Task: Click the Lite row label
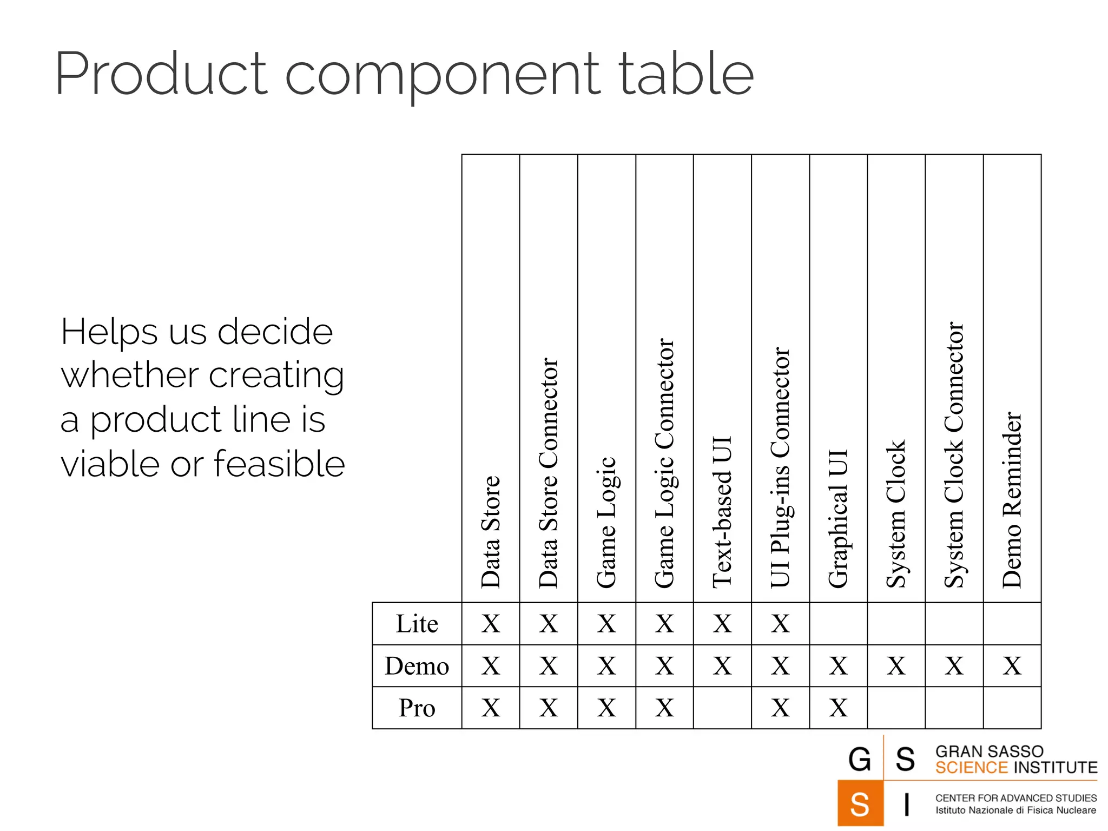coord(417,624)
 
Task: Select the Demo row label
coord(417,666)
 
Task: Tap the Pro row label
coord(417,708)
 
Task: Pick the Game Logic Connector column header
coord(664,463)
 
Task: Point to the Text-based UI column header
coord(722,512)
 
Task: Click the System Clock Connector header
coord(954,455)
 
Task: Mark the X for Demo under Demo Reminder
coord(1012,666)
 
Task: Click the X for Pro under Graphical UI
coord(838,708)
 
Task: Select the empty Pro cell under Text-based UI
coord(722,708)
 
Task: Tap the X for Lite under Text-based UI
coord(722,624)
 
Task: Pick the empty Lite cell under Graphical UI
coord(838,624)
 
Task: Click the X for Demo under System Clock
coord(896,666)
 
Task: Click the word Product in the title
coord(161,75)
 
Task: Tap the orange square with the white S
coord(860,803)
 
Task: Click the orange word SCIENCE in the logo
coord(971,768)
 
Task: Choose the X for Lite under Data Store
coord(491,624)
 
